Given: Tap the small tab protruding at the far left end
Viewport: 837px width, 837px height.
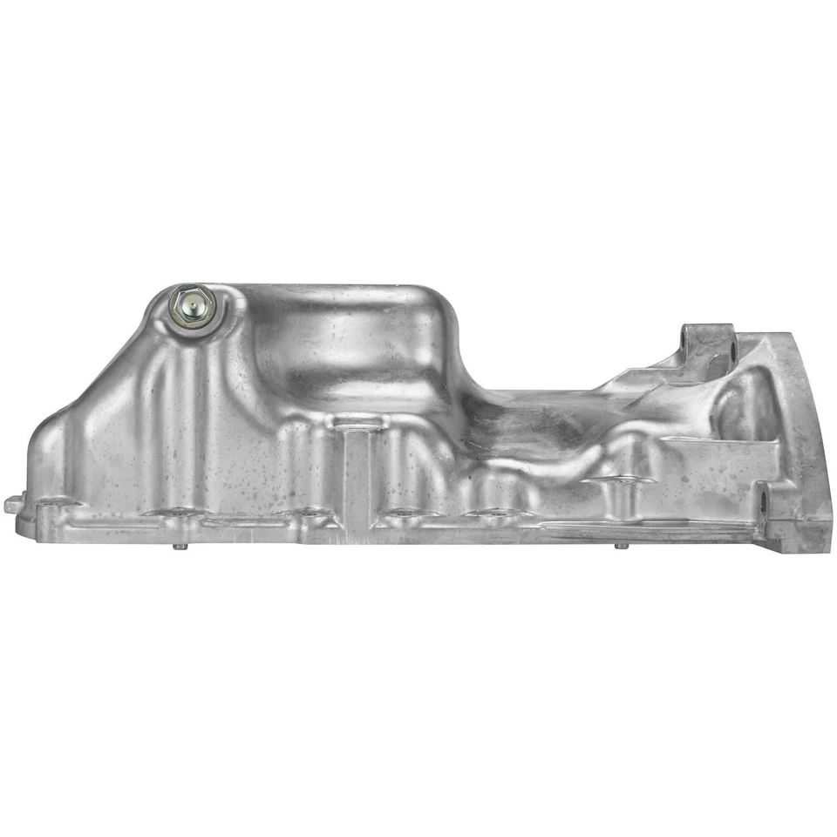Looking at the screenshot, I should (x=12, y=504).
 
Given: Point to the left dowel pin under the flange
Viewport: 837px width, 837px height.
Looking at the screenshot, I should (x=177, y=547).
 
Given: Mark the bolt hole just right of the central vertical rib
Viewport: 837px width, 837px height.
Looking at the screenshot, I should (x=403, y=512).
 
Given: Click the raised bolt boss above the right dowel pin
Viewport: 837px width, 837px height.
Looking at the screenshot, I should (x=621, y=480).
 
